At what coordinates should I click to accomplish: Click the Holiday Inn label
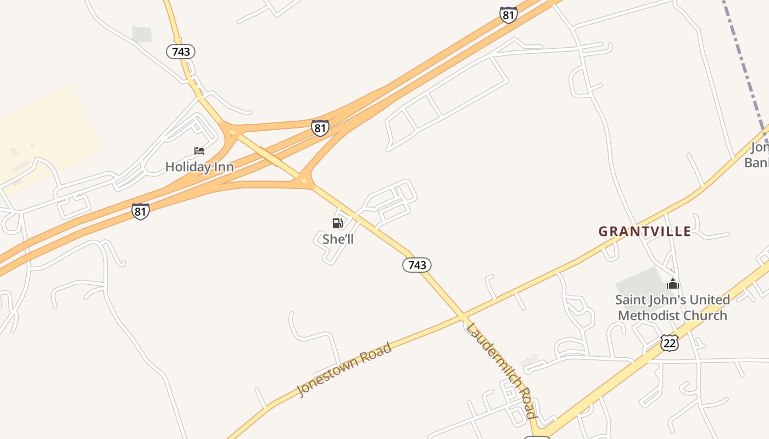pos(199,167)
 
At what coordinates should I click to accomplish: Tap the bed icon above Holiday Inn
pos(199,151)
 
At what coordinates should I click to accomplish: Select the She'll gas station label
pos(338,239)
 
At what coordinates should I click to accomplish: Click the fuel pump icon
pos(337,223)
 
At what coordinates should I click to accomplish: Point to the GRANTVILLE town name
pos(644,232)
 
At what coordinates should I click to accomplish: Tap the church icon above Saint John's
pos(673,284)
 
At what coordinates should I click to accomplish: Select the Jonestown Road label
pos(344,369)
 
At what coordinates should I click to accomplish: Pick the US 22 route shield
pos(670,342)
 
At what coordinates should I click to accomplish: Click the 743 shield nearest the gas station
pos(417,265)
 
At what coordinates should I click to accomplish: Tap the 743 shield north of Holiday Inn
pos(181,52)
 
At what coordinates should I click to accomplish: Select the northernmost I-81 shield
pos(509,15)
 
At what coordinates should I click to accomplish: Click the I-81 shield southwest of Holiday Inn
pos(141,211)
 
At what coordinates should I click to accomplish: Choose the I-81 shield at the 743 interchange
pos(320,128)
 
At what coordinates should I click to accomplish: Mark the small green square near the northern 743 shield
pos(142,34)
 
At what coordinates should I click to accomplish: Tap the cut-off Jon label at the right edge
pos(760,148)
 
